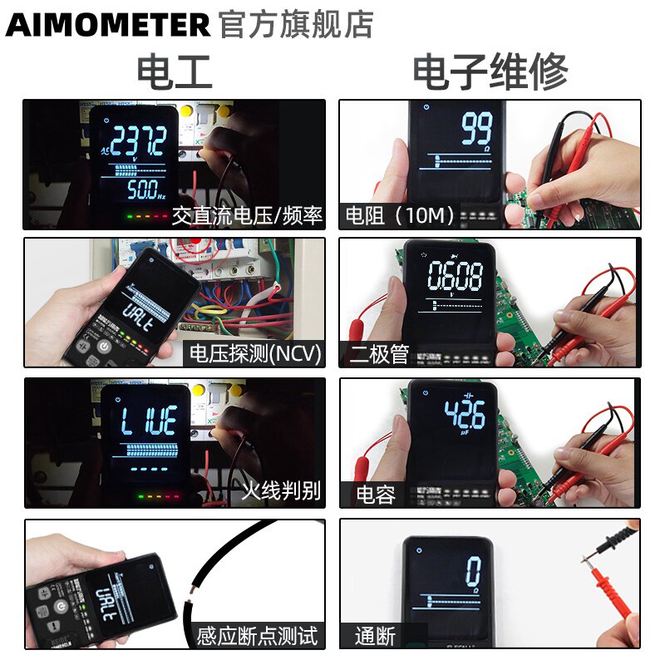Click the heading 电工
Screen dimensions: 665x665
(175, 71)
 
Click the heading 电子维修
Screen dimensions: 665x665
(490, 71)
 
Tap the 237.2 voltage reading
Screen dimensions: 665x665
(139, 142)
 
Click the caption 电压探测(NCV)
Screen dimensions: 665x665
(254, 352)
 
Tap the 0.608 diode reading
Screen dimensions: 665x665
(454, 278)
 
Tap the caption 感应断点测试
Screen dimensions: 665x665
(257, 637)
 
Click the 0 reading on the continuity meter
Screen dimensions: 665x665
(473, 573)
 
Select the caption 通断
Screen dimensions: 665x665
(375, 637)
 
